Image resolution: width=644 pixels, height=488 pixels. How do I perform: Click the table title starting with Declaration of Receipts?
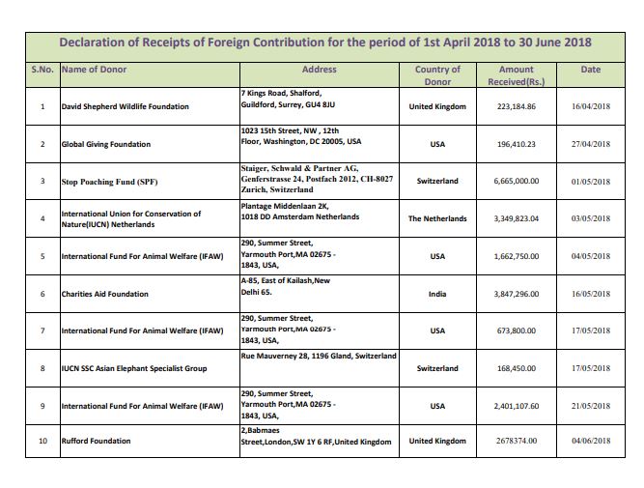(325, 43)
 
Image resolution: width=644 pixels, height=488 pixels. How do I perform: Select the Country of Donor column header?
(436, 75)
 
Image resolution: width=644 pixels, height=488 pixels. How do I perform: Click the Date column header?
(591, 70)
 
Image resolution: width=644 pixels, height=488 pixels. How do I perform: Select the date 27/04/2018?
(591, 144)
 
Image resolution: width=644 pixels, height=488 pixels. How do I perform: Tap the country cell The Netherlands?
(436, 218)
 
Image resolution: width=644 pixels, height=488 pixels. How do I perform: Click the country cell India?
(436, 294)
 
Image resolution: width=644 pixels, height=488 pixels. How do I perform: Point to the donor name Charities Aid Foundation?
(104, 294)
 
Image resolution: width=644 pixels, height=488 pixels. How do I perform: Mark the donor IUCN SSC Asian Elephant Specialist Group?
(133, 368)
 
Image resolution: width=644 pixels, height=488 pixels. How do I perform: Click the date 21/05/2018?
(591, 405)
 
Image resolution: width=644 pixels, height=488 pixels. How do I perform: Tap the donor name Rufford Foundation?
(96, 442)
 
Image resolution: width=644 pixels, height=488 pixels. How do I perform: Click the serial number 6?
(42, 294)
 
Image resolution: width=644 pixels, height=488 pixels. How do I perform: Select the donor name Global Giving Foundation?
(106, 144)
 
